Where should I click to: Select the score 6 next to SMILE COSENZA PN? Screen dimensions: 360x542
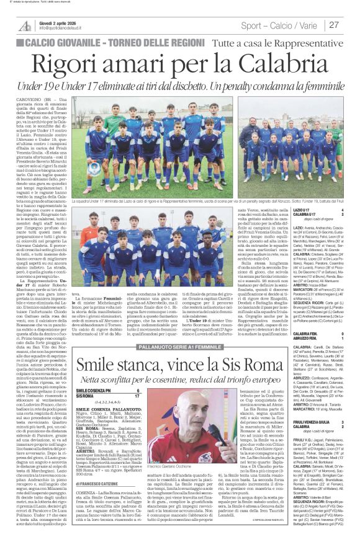138,373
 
